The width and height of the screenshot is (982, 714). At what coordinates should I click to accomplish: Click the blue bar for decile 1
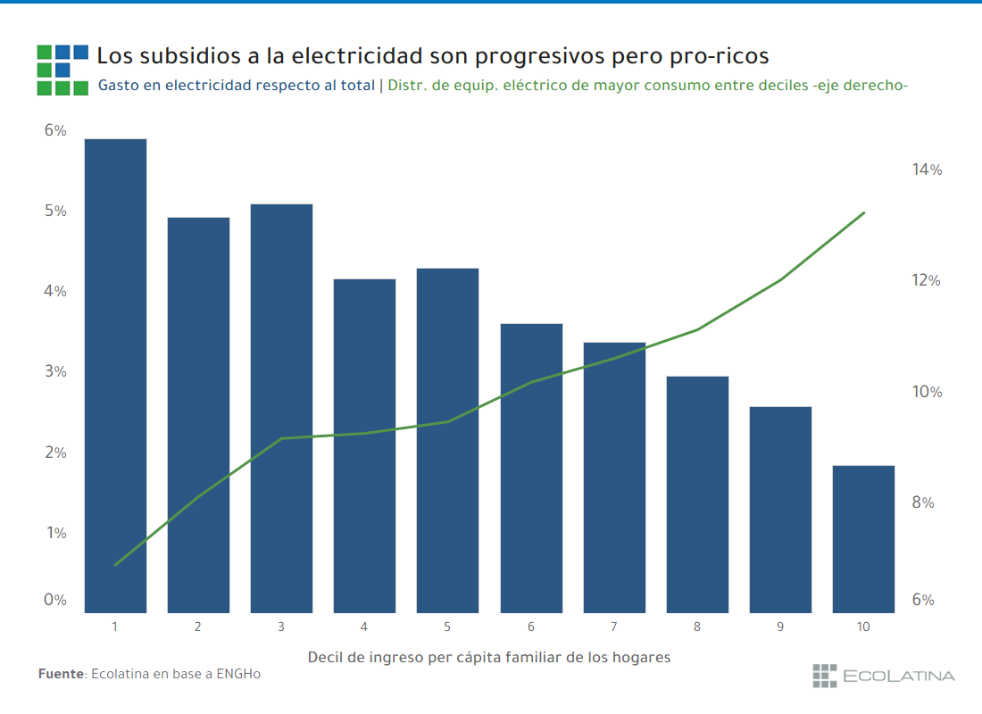(x=115, y=375)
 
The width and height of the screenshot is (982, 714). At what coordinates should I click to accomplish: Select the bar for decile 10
(x=863, y=539)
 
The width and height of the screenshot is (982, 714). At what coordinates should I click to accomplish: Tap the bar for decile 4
(x=364, y=445)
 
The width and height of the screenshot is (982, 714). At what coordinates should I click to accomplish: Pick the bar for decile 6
(x=531, y=468)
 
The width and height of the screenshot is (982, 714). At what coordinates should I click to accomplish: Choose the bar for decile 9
(x=780, y=510)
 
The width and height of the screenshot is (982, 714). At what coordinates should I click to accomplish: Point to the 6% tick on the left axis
(x=55, y=130)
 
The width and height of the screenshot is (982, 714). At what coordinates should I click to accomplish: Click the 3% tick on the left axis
(x=55, y=371)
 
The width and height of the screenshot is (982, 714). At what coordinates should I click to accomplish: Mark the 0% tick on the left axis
(x=55, y=600)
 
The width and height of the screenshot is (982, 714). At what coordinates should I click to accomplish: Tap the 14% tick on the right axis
(x=927, y=170)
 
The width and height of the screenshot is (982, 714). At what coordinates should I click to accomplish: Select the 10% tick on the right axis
(x=927, y=392)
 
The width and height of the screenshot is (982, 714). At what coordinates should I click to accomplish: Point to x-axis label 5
(x=447, y=627)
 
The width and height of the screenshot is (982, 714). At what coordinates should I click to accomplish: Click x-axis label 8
(x=697, y=627)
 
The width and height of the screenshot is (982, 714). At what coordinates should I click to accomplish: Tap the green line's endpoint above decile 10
(x=864, y=212)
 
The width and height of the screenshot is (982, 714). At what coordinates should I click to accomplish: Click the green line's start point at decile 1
(x=115, y=565)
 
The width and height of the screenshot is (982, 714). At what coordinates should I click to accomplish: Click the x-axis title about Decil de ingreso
(x=488, y=657)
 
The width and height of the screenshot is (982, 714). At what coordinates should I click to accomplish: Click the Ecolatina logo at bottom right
(x=883, y=676)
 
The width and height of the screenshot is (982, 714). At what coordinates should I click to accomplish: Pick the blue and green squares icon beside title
(x=62, y=70)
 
